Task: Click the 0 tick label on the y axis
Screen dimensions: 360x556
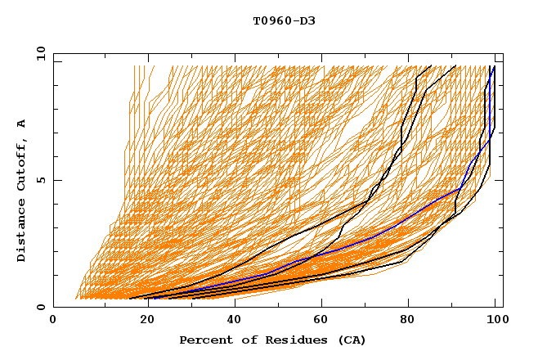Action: point(39,307)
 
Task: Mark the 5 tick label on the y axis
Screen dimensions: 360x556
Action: point(39,180)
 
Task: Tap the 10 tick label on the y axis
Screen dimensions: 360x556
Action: point(38,53)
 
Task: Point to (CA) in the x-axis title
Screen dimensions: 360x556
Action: point(352,340)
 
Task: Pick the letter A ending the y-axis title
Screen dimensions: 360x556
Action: point(22,124)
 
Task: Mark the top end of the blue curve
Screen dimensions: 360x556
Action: point(494,66)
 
